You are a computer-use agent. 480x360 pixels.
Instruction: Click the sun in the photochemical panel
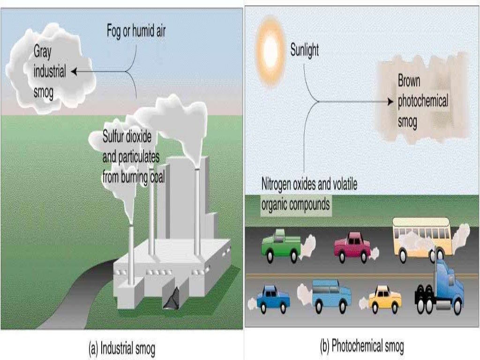[270, 46]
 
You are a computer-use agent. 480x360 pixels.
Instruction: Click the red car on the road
[352, 247]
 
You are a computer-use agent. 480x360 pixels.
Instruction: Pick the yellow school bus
[421, 238]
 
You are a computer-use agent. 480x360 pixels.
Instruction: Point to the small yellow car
[385, 299]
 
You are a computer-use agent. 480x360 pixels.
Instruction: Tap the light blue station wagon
[331, 295]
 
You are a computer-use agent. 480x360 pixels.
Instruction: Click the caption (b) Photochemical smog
[361, 347]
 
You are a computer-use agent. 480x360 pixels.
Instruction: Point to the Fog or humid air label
[135, 32]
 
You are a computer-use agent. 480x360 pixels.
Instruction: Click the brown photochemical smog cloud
[422, 101]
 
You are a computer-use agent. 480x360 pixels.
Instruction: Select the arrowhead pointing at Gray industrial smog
[74, 72]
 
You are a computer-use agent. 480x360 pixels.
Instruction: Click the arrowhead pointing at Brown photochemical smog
[390, 101]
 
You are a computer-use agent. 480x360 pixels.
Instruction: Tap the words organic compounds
[295, 204]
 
